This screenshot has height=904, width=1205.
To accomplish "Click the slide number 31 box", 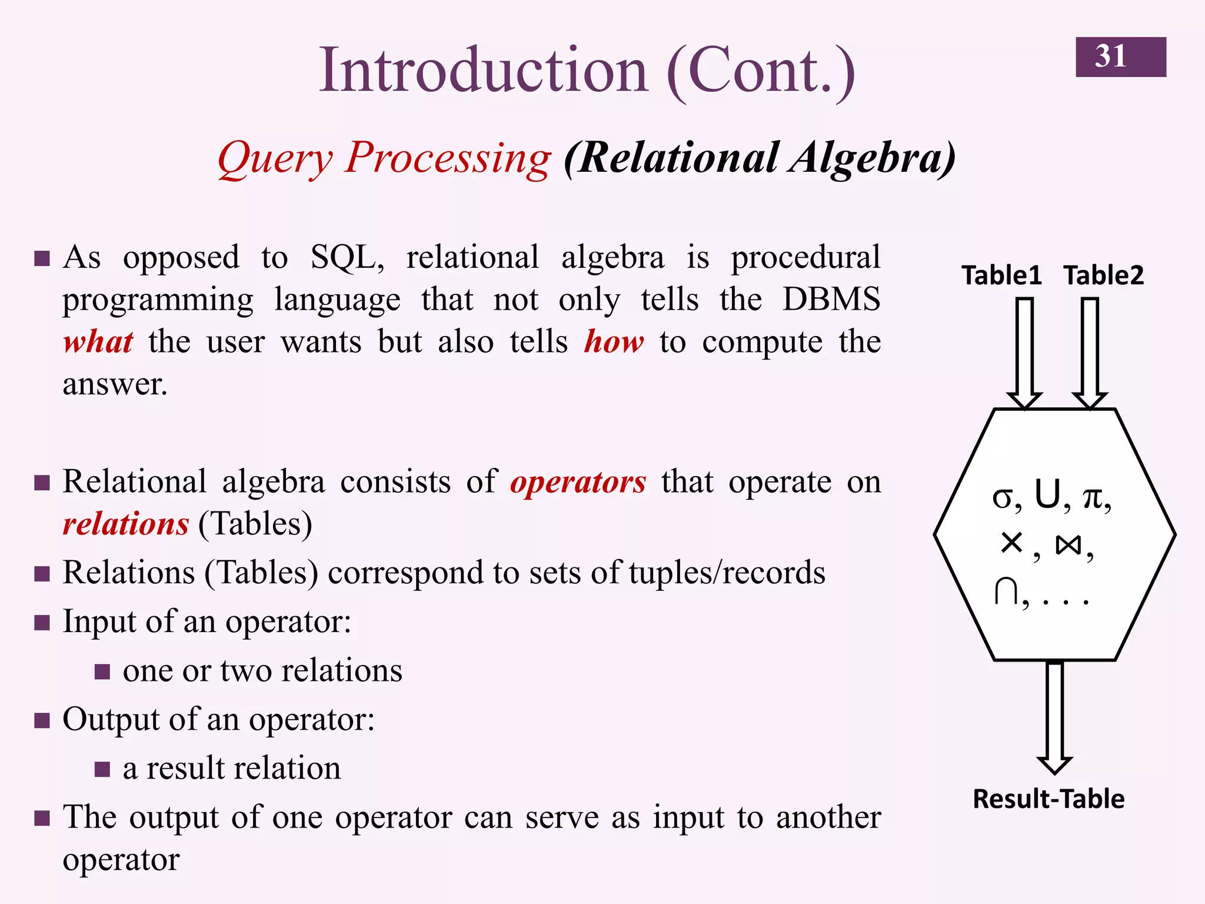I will (1120, 57).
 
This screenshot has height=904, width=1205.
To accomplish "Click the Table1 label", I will (1001, 275).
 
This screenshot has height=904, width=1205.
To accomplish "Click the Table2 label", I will (1103, 275).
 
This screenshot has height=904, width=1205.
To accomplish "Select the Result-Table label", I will (1048, 799).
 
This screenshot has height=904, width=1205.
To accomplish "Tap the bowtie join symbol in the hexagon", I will (1068, 545).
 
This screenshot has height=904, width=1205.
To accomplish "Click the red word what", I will (98, 342).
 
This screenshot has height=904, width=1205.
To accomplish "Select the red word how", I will (614, 342).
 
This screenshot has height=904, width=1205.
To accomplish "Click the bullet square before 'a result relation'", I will (102, 769).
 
